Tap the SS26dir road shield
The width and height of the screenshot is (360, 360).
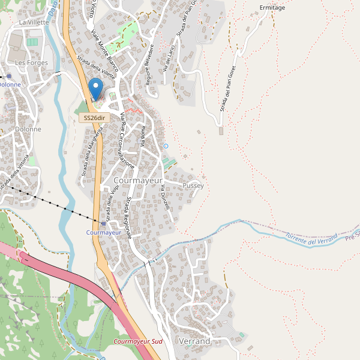[94, 118]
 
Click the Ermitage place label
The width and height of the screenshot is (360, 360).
[272, 8]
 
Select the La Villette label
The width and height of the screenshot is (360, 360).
[34, 22]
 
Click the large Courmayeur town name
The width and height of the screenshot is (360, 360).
[138, 181]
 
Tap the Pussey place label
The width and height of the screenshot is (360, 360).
[193, 186]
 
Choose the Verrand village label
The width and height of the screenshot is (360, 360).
[194, 341]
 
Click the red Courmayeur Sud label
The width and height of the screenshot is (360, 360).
[138, 341]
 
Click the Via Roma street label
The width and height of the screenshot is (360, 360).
[143, 137]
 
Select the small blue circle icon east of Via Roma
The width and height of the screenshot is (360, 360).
[166, 146]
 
